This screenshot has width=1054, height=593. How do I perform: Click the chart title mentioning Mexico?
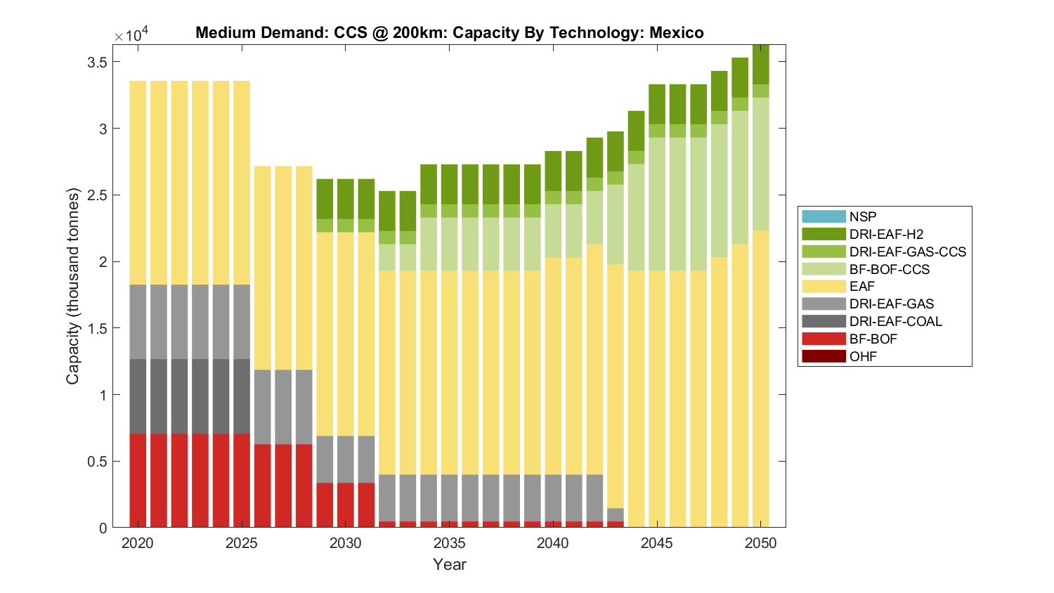click(x=450, y=33)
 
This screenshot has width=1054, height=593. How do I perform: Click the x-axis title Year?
click(x=450, y=564)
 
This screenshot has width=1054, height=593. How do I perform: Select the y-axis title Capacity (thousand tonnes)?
click(x=73, y=286)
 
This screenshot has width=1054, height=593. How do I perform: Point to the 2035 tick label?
click(x=449, y=543)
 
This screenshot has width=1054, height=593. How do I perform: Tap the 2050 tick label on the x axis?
click(x=761, y=543)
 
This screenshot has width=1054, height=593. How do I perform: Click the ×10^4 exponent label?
click(x=131, y=35)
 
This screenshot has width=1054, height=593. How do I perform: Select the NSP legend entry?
click(x=863, y=217)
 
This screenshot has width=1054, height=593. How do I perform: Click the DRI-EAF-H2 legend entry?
click(x=886, y=235)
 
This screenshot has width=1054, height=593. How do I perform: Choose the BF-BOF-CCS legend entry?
click(x=889, y=269)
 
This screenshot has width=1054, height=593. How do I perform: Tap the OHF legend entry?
click(x=863, y=356)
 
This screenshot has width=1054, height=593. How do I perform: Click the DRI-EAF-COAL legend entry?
click(x=895, y=321)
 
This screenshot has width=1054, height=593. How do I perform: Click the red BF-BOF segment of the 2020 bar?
click(x=138, y=481)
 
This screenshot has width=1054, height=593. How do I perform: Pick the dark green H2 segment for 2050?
click(x=761, y=65)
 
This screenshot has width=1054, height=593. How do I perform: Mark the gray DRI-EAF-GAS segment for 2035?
click(x=449, y=497)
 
